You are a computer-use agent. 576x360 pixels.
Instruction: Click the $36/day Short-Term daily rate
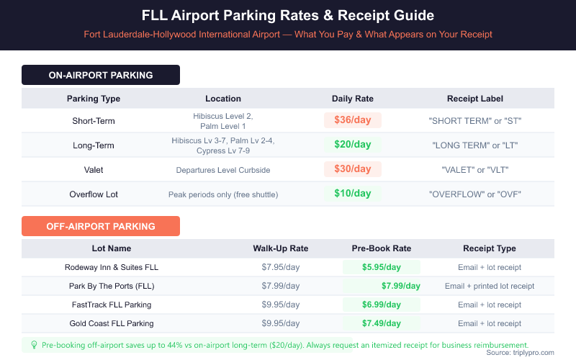click(353, 120)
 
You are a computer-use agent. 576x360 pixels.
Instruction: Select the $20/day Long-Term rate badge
click(353, 145)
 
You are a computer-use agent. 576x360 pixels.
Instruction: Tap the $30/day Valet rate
click(353, 169)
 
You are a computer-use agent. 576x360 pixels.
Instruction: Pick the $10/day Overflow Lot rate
click(353, 194)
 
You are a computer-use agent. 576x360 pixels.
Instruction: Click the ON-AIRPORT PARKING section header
click(101, 75)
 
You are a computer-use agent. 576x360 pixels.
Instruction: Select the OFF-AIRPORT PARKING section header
click(101, 226)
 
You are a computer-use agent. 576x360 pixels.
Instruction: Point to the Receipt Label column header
click(475, 99)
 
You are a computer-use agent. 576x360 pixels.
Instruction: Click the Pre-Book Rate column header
click(382, 248)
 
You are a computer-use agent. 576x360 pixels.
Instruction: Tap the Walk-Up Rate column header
click(281, 248)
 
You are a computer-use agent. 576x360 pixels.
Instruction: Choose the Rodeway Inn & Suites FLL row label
click(112, 267)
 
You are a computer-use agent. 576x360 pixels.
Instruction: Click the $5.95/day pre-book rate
click(382, 267)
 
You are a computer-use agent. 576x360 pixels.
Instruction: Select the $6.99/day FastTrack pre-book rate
click(382, 305)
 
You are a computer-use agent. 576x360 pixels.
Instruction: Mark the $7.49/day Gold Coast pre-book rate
click(382, 323)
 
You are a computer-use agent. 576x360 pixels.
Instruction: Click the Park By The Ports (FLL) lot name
click(112, 286)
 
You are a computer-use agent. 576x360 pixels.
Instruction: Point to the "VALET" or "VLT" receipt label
click(475, 169)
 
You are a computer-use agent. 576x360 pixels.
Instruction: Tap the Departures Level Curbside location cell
click(223, 171)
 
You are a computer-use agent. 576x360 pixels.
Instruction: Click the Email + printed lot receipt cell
click(490, 286)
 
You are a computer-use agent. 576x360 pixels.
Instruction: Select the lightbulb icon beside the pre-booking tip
click(34, 345)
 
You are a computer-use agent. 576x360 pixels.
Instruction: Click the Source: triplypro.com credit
click(520, 353)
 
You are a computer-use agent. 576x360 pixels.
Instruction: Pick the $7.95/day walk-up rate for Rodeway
click(281, 267)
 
